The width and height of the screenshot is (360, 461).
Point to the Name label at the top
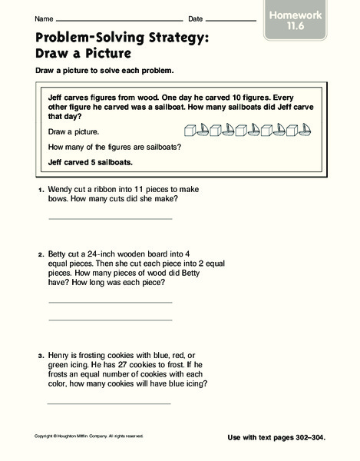tap(44, 18)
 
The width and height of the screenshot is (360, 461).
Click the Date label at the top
tap(195, 18)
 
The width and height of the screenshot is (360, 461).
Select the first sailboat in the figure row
tap(203, 131)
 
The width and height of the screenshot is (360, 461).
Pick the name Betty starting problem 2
tap(59, 252)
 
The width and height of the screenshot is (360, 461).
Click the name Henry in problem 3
tap(61, 353)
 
